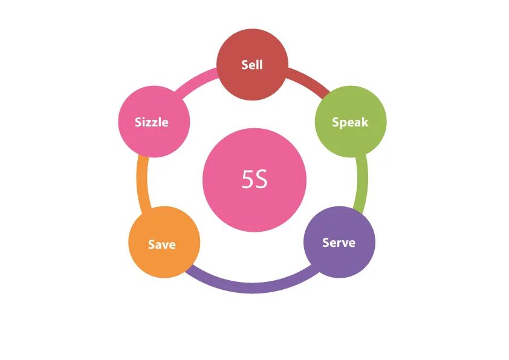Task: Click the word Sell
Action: click(252, 64)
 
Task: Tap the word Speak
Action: click(350, 122)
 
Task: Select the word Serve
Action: click(339, 243)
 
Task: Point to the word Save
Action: click(162, 244)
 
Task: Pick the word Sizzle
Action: click(152, 122)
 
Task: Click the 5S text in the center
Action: click(254, 180)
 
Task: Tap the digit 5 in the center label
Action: click(247, 180)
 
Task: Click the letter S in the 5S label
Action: click(261, 180)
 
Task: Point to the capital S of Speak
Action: click(336, 122)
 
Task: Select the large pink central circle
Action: click(254, 206)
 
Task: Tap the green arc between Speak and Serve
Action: click(363, 182)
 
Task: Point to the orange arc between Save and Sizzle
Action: click(141, 182)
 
